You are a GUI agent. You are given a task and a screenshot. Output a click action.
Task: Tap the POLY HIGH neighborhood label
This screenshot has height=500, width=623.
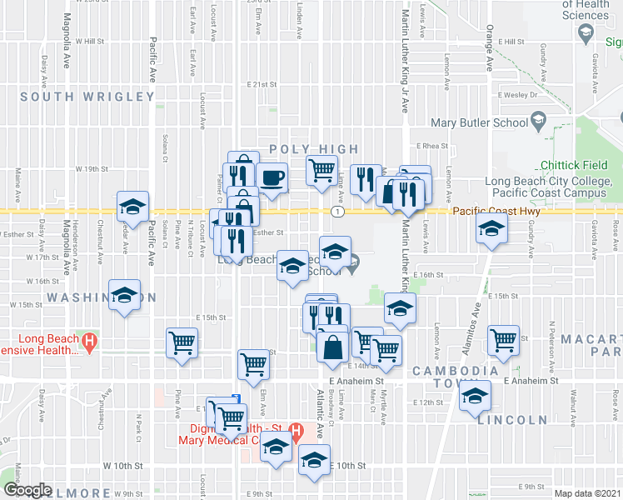pos(314,149)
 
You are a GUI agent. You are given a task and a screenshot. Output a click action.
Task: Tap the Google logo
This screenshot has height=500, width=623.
pos(27,490)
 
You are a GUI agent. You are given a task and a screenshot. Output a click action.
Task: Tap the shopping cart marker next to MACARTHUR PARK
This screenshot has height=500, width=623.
pos(503,339)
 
